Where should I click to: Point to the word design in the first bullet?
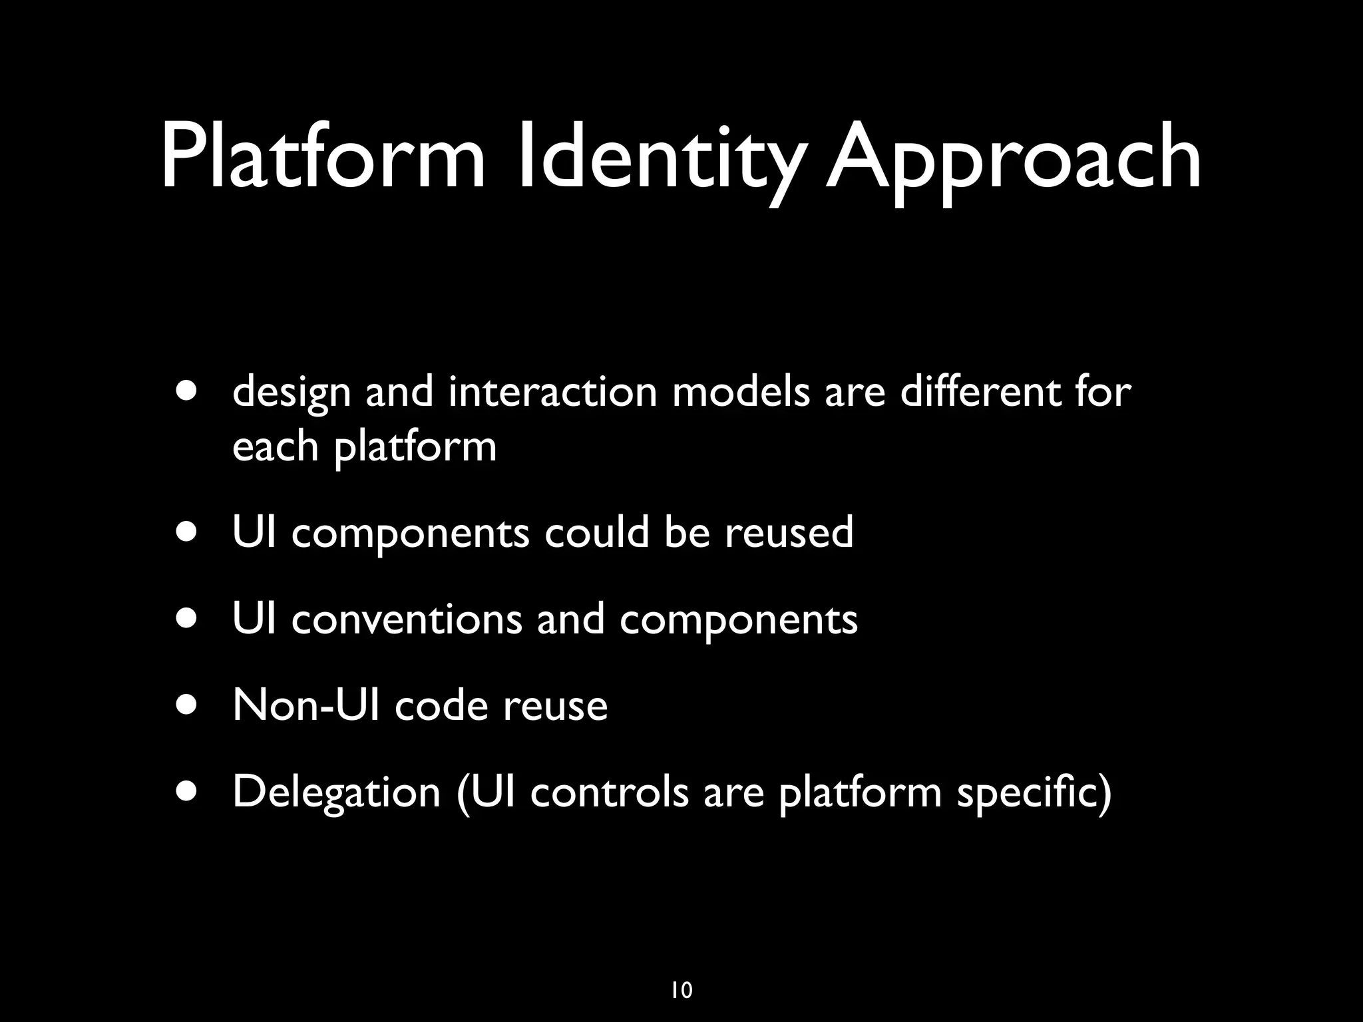(292, 393)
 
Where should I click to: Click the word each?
(275, 446)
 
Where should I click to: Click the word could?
(596, 532)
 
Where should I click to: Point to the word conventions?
(407, 619)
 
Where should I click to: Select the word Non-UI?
(306, 705)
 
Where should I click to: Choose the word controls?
(609, 792)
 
